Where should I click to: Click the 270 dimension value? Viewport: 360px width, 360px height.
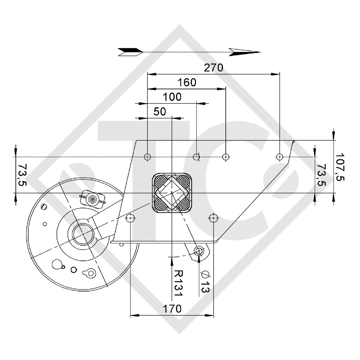(213, 67)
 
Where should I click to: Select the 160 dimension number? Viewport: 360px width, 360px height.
(187, 82)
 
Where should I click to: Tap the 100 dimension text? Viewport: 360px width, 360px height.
(172, 97)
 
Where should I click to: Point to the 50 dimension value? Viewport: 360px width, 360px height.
(160, 111)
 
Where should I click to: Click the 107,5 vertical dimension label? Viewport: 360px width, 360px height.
(340, 166)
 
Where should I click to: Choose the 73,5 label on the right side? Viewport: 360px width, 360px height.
(321, 175)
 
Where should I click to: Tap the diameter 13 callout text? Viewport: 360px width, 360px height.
(205, 281)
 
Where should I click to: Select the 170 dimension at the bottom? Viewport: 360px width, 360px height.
(172, 309)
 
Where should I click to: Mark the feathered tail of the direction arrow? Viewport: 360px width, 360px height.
(130, 52)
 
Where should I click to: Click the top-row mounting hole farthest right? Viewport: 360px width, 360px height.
(279, 156)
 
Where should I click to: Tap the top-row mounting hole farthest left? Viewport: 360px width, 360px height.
(148, 156)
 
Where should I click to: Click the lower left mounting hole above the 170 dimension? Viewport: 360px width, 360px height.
(130, 218)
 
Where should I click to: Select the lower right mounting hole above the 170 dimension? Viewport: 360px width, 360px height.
(213, 218)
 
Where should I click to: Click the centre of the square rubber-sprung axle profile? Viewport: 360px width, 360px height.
(171, 193)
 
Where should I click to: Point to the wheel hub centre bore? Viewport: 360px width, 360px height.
(82, 233)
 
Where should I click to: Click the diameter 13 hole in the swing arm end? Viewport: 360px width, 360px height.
(199, 251)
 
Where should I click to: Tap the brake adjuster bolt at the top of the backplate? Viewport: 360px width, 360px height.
(92, 199)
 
